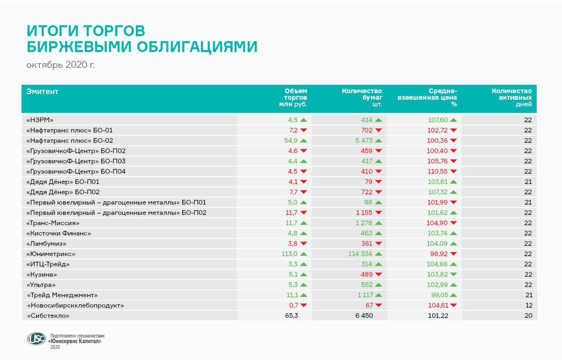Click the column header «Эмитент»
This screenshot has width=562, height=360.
click(43, 91)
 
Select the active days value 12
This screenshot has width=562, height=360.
click(528, 305)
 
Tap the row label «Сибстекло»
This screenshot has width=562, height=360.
click(49, 316)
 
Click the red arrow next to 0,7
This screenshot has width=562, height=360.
click(303, 306)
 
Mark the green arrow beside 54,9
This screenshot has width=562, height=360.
click(303, 140)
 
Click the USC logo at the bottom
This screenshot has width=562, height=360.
click(37, 339)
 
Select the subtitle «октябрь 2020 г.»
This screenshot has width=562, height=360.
click(61, 65)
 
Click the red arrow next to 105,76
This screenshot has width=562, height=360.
click(453, 162)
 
